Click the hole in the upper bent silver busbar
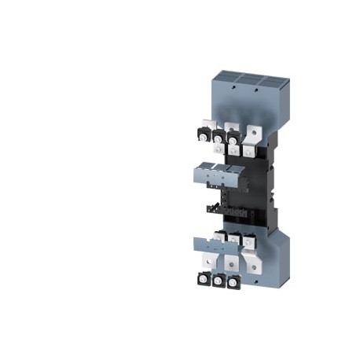pyautogui.click(x=253, y=126)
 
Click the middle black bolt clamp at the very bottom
pyautogui.click(x=218, y=281)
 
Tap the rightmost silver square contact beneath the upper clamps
pyautogui.click(x=249, y=147)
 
